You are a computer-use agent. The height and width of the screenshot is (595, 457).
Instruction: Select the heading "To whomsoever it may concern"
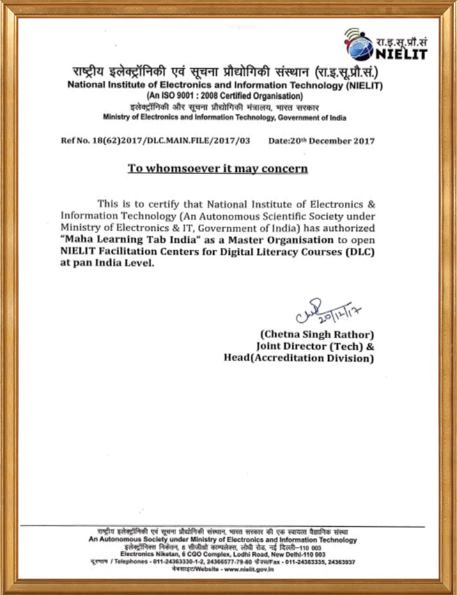[217, 168]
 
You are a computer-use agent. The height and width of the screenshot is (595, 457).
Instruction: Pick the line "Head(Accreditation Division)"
[299, 358]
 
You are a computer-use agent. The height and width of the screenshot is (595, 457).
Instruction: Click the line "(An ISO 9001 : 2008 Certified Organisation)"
[224, 95]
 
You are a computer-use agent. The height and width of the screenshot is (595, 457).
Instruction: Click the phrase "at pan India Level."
[105, 264]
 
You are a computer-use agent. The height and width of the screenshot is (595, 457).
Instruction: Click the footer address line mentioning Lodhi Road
[223, 554]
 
